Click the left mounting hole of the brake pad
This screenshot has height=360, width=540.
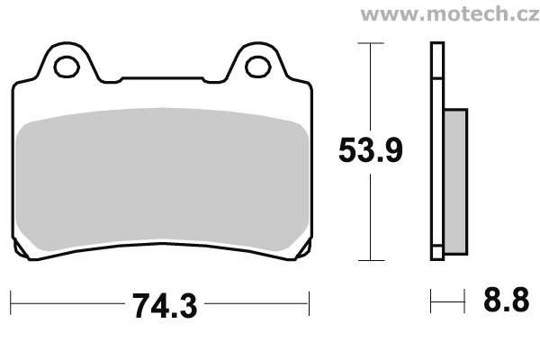(67, 67)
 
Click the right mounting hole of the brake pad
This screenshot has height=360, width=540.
(258, 67)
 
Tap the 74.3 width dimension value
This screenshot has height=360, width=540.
(165, 306)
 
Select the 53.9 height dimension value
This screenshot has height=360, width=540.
(370, 150)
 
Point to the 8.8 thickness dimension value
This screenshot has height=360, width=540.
(506, 300)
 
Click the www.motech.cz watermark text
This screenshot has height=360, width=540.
(450, 14)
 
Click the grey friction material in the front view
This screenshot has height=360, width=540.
(162, 179)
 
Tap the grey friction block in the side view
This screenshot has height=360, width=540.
(456, 182)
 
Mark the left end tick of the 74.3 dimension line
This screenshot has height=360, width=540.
(11, 302)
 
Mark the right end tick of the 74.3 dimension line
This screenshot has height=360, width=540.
(309, 302)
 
